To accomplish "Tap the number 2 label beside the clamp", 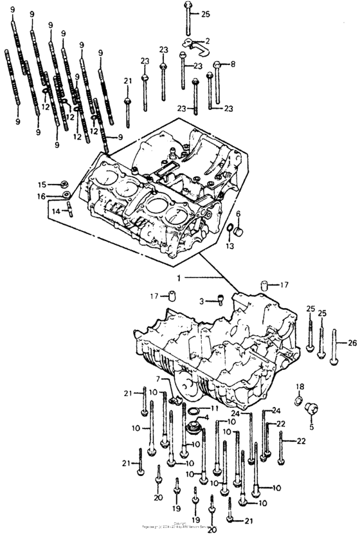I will [207, 41].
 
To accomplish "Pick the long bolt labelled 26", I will [334, 347].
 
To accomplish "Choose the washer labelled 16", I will [66, 196].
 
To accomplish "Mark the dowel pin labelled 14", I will [69, 210].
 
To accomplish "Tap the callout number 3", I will [201, 300].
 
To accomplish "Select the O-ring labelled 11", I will [193, 409].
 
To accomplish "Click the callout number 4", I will [206, 418].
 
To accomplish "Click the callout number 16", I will [41, 196].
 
